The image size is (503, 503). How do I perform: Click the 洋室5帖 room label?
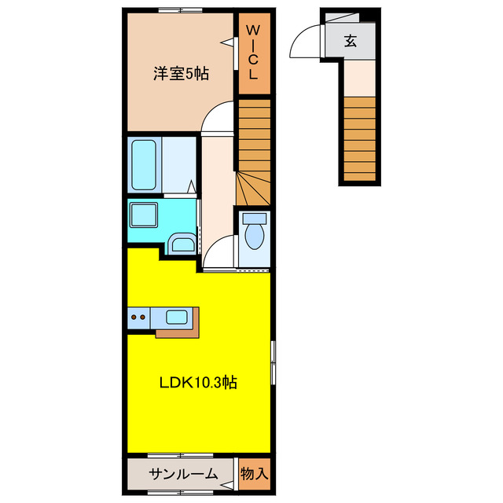pyautogui.click(x=180, y=74)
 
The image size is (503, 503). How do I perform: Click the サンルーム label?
pyautogui.click(x=183, y=474)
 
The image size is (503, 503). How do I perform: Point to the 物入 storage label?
pyautogui.click(x=255, y=474)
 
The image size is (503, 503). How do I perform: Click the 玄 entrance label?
pyautogui.click(x=350, y=42)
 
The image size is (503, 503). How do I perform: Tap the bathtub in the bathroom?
pyautogui.click(x=146, y=165)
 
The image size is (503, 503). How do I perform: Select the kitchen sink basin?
pyautogui.click(x=176, y=318)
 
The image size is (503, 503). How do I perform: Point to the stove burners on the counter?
pyautogui.click(x=138, y=318)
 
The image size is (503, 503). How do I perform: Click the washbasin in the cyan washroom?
pyautogui.click(x=182, y=244)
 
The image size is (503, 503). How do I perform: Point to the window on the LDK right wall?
pyautogui.click(x=273, y=362)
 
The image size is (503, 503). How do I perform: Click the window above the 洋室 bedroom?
pyautogui.click(x=180, y=10)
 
